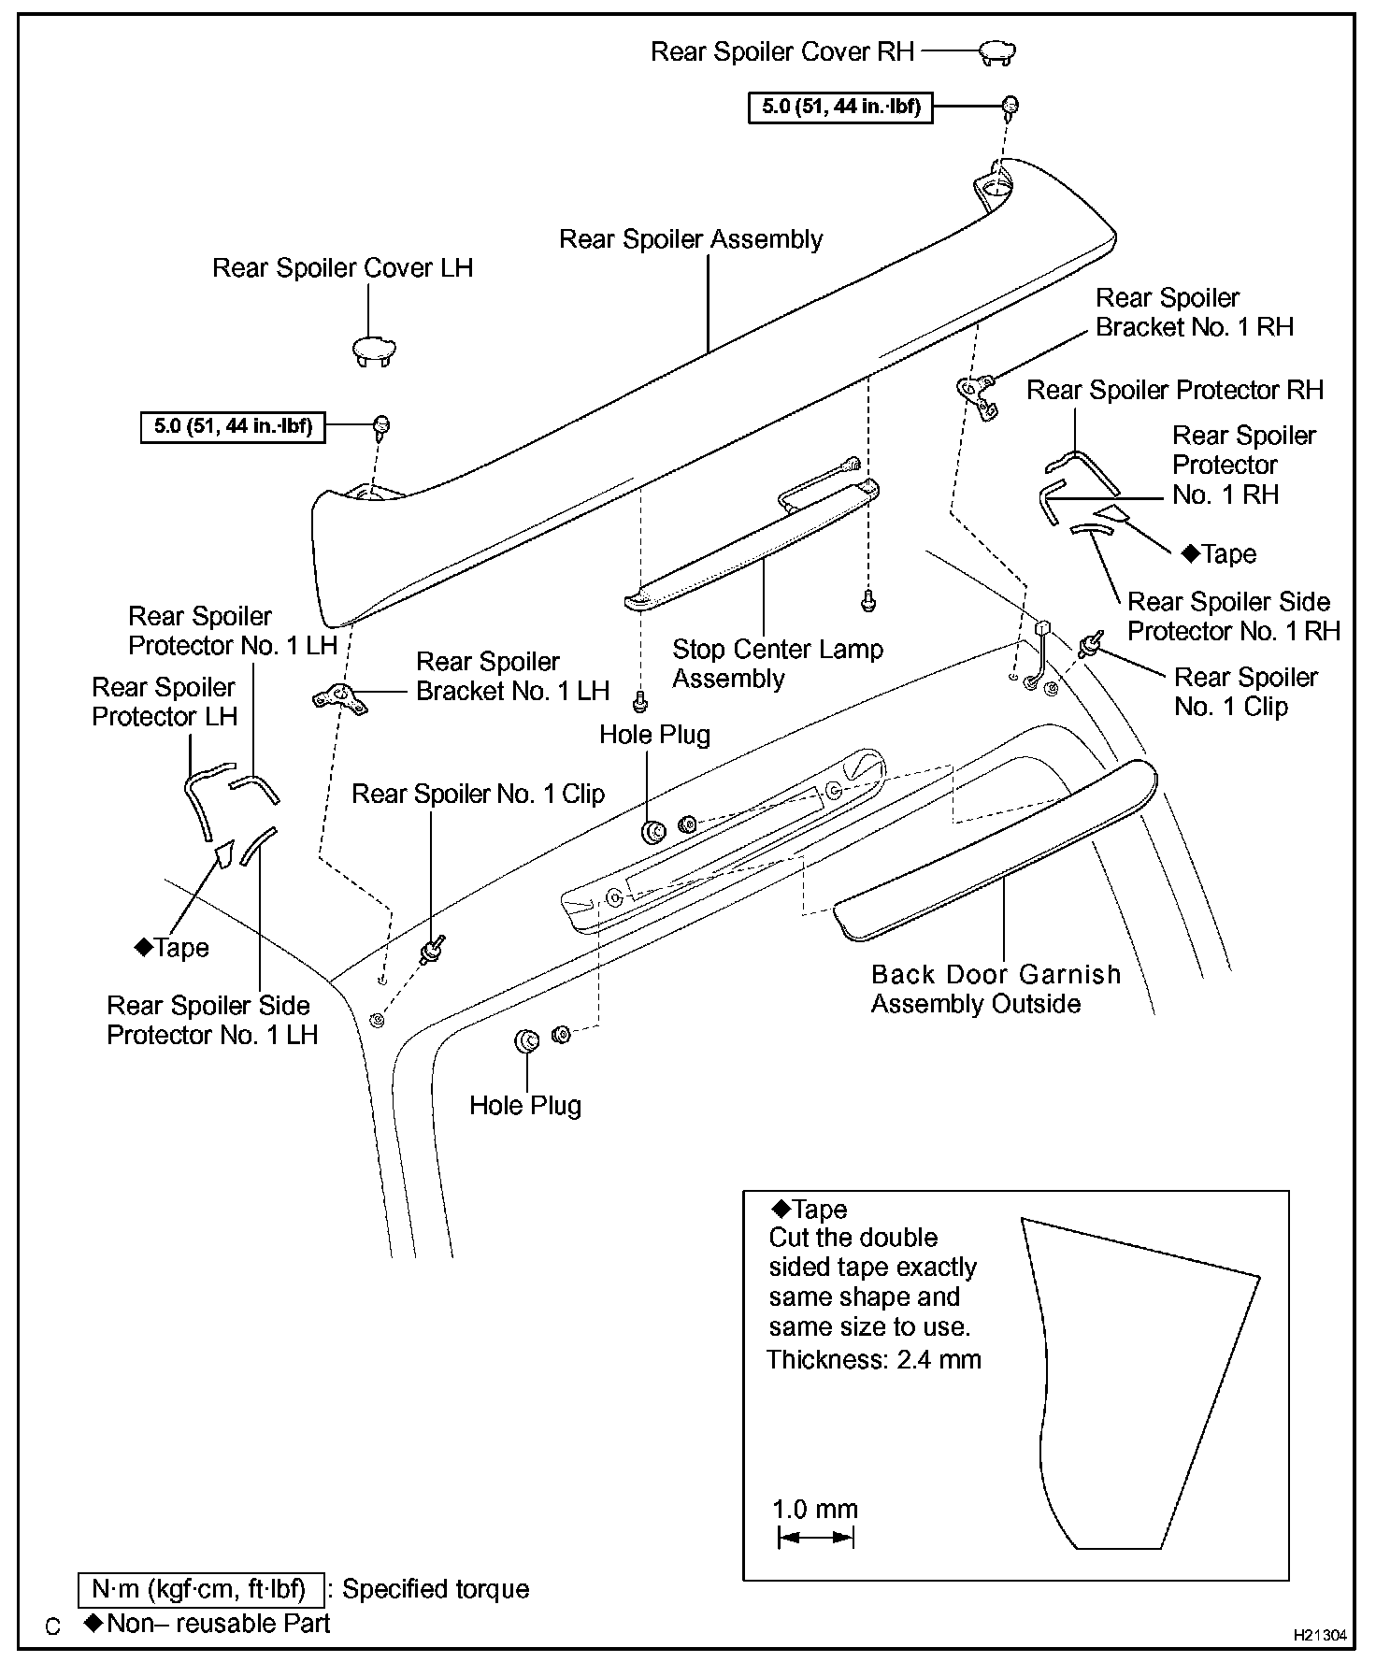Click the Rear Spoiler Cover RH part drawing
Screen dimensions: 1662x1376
point(997,53)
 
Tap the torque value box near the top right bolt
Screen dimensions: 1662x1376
point(840,107)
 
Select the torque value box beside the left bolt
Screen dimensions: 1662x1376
point(233,427)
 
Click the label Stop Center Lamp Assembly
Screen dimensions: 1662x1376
point(777,663)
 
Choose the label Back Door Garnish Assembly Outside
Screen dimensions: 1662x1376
point(996,988)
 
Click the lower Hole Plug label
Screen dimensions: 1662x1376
point(525,1105)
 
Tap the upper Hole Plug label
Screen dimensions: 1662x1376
point(654,735)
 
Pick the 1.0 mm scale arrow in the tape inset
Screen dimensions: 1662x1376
point(815,1537)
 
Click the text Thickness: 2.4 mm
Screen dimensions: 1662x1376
point(874,1359)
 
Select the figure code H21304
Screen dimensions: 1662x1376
point(1320,1635)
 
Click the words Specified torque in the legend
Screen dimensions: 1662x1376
point(436,1589)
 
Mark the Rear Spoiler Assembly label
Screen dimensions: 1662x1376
point(691,239)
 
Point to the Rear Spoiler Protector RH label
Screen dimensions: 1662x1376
point(1175,390)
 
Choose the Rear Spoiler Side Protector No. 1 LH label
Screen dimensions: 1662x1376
point(212,1020)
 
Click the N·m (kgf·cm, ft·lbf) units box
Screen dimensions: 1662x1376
point(201,1589)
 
